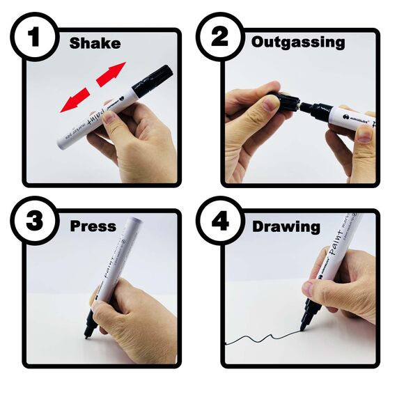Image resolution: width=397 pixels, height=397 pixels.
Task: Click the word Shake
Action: pos(95,43)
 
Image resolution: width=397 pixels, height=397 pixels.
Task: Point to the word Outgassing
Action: pos(298,42)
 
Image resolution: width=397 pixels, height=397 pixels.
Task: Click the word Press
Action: pos(93,226)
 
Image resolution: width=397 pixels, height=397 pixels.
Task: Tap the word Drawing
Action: pos(286,227)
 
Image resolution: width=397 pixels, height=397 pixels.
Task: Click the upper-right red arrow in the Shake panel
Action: pos(110,75)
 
